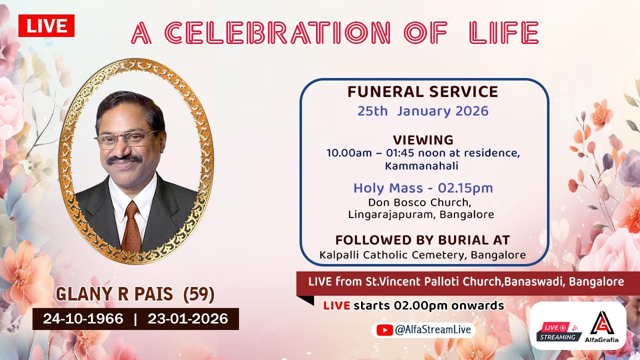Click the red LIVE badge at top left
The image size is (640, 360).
[46, 26]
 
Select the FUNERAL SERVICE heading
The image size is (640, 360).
[422, 92]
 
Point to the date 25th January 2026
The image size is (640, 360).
[422, 111]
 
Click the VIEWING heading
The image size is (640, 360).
[422, 140]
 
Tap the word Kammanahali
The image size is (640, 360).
[422, 165]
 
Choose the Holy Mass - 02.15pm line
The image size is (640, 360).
[422, 188]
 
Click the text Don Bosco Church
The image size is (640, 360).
[419, 203]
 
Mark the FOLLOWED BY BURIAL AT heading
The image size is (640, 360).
[422, 240]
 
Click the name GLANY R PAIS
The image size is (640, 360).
[114, 295]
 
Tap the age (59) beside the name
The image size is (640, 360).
[199, 295]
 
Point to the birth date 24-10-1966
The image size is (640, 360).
[83, 319]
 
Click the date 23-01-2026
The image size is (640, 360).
[187, 319]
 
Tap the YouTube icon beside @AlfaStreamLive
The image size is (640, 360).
[384, 330]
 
